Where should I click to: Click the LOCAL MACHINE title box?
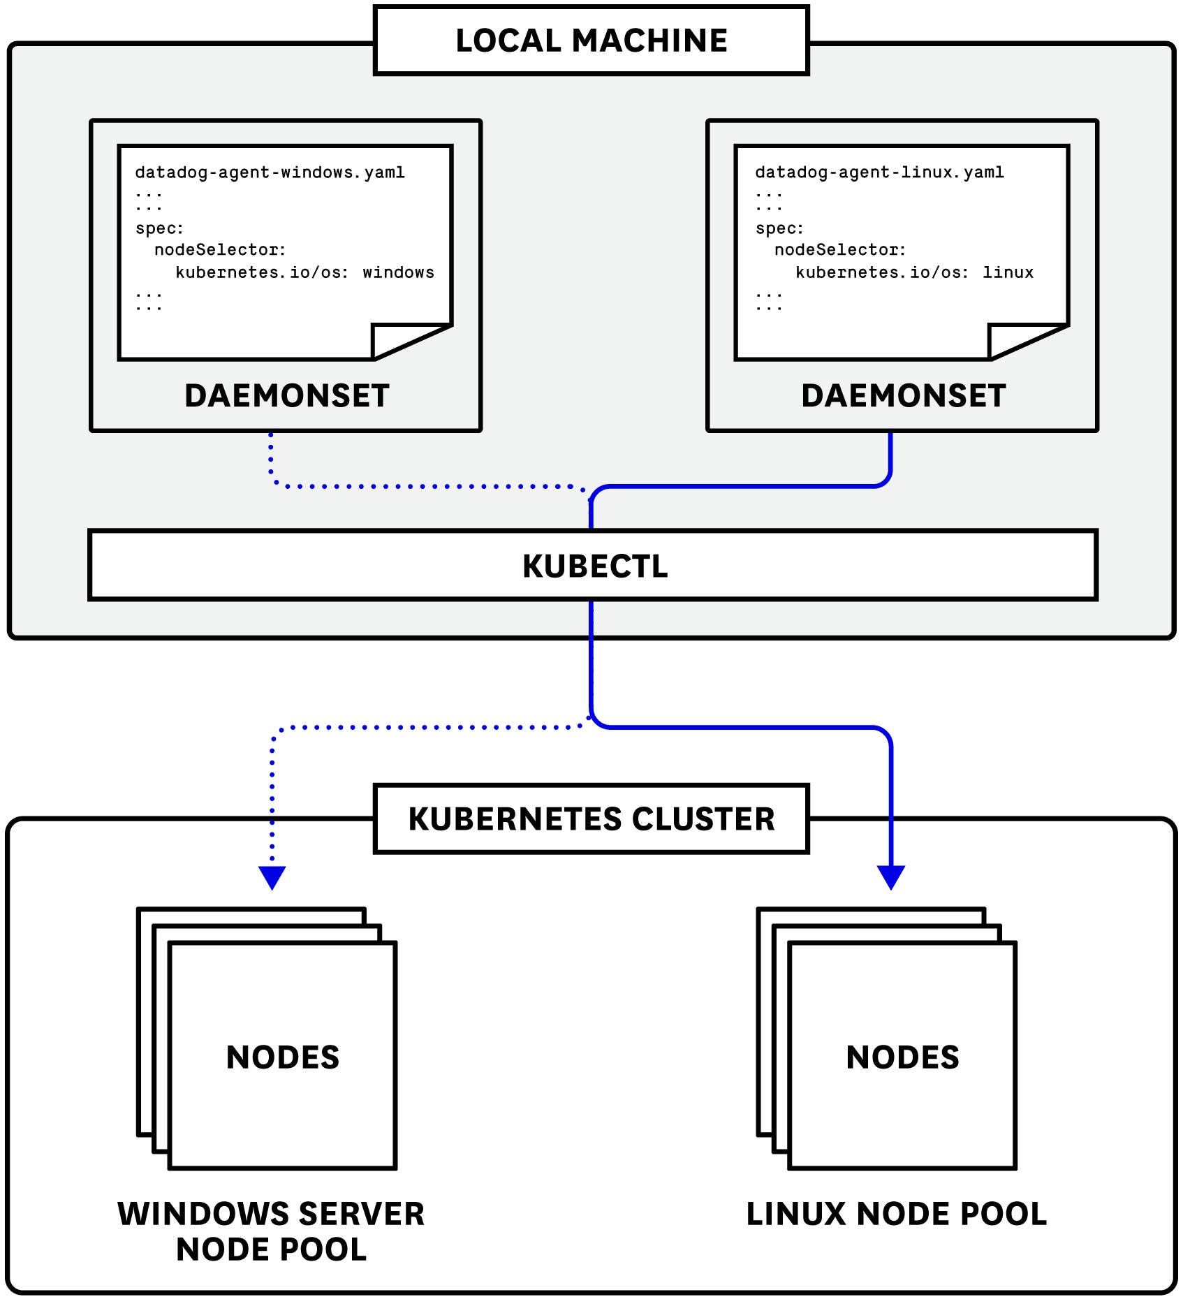click(x=591, y=40)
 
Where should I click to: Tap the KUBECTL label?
click(x=594, y=566)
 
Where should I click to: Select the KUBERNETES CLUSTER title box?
click(x=591, y=819)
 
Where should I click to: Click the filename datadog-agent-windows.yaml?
click(x=270, y=173)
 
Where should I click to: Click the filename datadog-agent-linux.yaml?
click(x=879, y=173)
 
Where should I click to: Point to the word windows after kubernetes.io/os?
click(x=398, y=272)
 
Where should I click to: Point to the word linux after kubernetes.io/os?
click(x=1008, y=272)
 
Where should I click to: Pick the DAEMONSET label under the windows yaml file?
click(x=286, y=396)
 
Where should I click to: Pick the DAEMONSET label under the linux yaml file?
click(x=903, y=396)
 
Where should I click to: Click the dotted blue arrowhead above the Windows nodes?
click(x=272, y=876)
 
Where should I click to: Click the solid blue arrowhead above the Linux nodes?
click(x=891, y=876)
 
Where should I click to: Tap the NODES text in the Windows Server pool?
click(x=283, y=1057)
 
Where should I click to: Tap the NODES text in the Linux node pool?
click(x=902, y=1057)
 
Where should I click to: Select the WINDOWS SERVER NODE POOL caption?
click(x=271, y=1231)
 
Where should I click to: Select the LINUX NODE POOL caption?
click(x=896, y=1214)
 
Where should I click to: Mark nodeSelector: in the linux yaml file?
click(x=839, y=250)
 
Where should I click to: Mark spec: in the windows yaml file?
click(x=159, y=228)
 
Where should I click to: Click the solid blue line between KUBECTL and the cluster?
click(x=591, y=663)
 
